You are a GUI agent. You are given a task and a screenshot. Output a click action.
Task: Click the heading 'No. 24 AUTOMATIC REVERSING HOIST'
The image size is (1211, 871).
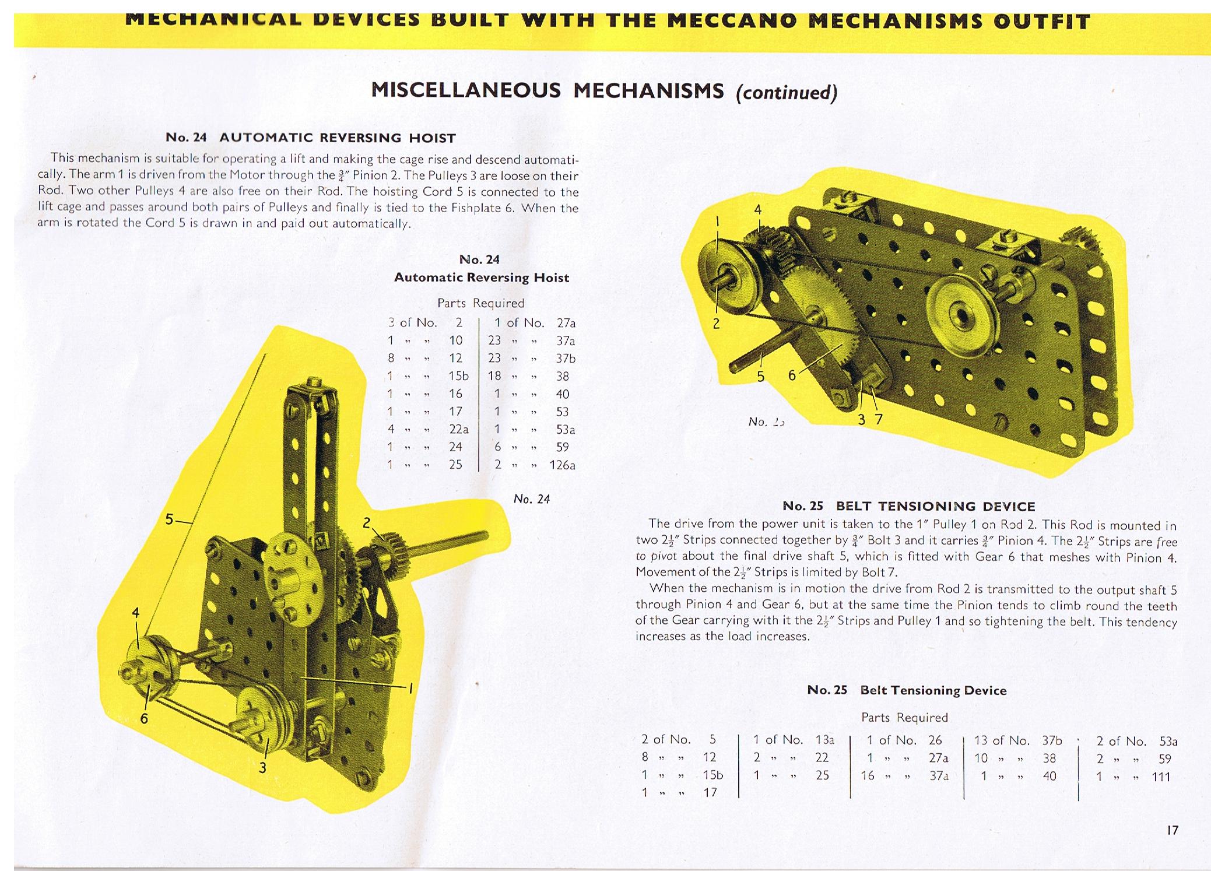pyautogui.click(x=310, y=138)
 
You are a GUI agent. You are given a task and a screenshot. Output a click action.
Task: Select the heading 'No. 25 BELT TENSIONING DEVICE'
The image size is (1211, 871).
pyautogui.click(x=908, y=506)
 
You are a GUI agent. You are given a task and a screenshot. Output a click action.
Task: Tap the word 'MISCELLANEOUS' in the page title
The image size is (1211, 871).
pyautogui.click(x=466, y=91)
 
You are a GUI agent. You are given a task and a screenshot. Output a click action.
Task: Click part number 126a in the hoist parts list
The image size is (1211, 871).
pyautogui.click(x=562, y=465)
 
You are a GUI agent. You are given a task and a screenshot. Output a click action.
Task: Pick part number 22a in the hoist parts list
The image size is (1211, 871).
pyautogui.click(x=459, y=429)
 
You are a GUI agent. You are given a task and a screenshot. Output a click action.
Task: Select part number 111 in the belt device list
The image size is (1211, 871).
pyautogui.click(x=1161, y=776)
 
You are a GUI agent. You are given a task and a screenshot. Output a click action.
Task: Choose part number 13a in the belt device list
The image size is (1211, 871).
pyautogui.click(x=824, y=740)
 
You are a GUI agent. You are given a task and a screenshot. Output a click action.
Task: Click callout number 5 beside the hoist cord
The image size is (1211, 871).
pyautogui.click(x=169, y=519)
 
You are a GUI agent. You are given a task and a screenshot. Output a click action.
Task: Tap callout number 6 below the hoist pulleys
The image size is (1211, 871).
pyautogui.click(x=143, y=718)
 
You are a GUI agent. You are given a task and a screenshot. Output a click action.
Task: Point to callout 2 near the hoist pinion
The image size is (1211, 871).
pyautogui.click(x=366, y=523)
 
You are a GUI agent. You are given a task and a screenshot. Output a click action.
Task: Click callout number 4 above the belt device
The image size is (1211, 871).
pyautogui.click(x=758, y=210)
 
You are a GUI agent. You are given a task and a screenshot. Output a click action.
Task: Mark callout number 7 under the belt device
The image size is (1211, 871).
pyautogui.click(x=879, y=419)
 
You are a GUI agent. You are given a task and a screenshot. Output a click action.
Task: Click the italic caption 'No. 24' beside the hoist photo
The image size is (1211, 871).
pyautogui.click(x=531, y=499)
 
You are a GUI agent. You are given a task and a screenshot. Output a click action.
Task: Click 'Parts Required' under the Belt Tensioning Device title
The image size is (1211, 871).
pyautogui.click(x=904, y=717)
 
